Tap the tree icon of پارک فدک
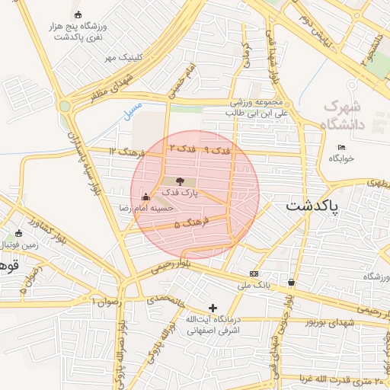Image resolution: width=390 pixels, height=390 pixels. [180, 181]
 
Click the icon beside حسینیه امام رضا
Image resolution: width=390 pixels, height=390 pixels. [145, 197]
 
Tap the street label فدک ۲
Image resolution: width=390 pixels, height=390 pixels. [183, 147]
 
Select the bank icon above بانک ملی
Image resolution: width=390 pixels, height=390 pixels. [253, 274]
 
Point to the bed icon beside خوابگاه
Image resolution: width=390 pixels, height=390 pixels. [341, 147]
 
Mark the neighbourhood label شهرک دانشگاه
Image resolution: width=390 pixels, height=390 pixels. [344, 114]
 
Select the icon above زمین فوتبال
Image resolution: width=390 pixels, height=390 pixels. [18, 233]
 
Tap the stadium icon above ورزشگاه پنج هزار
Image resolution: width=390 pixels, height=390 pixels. [78, 14]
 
